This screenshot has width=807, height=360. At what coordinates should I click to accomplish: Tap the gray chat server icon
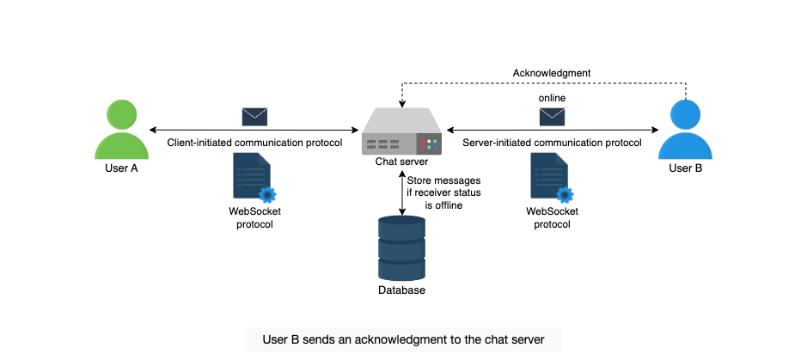(402, 131)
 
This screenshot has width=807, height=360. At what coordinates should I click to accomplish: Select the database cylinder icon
(401, 248)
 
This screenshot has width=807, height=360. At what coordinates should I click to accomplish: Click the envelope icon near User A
(254, 117)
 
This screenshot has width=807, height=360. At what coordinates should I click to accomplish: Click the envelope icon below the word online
(552, 117)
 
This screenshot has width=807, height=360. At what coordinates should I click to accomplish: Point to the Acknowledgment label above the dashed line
(551, 73)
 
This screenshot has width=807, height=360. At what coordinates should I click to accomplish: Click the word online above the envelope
(552, 98)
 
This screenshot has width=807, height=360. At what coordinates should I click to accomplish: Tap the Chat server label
(401, 162)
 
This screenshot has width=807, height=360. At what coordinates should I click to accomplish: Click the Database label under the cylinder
(402, 290)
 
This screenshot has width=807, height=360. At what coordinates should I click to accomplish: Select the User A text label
(121, 168)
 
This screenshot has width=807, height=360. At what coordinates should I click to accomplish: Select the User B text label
(686, 168)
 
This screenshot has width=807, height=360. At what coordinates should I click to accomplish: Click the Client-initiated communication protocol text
(254, 143)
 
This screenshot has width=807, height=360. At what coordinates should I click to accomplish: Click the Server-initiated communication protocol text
(553, 143)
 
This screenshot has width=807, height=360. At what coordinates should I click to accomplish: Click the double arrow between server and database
(401, 192)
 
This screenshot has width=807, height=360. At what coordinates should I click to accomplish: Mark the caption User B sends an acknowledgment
(404, 339)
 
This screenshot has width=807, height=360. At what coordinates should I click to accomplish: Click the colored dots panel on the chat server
(429, 144)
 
